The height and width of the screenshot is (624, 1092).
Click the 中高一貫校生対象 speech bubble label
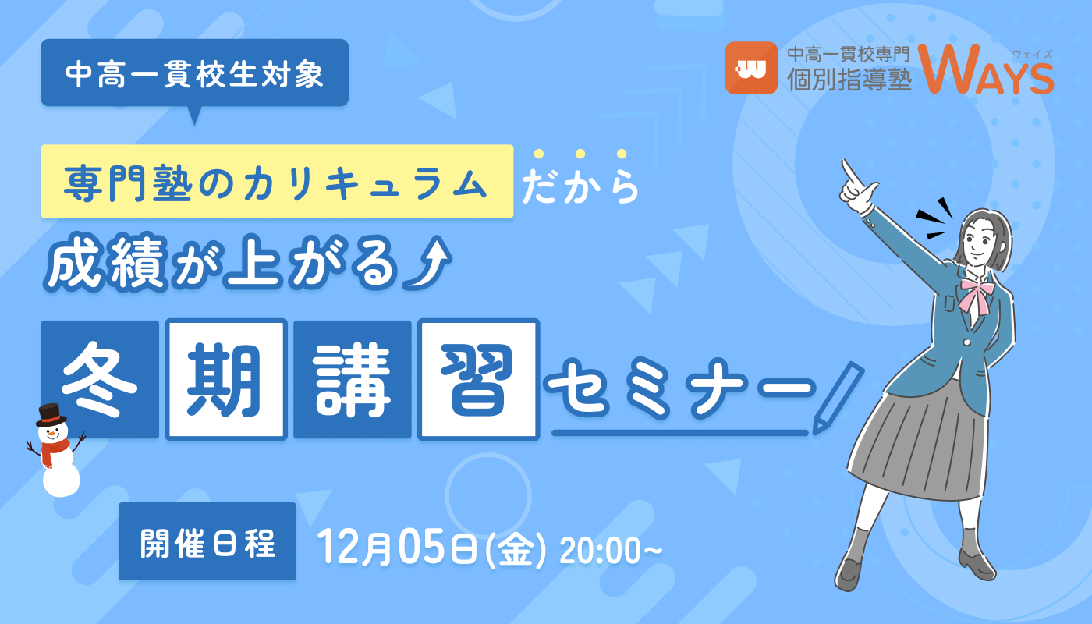[194, 73]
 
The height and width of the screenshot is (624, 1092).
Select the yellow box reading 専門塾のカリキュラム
[277, 181]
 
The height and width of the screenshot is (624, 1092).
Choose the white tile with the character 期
[226, 379]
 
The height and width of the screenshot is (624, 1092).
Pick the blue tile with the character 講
[353, 379]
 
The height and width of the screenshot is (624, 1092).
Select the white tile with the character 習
[478, 379]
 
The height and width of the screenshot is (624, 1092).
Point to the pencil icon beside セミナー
[837, 398]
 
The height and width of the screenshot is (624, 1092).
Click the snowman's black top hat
[51, 414]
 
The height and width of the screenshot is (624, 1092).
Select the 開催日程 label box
[207, 541]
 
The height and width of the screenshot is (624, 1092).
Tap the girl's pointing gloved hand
[859, 185]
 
